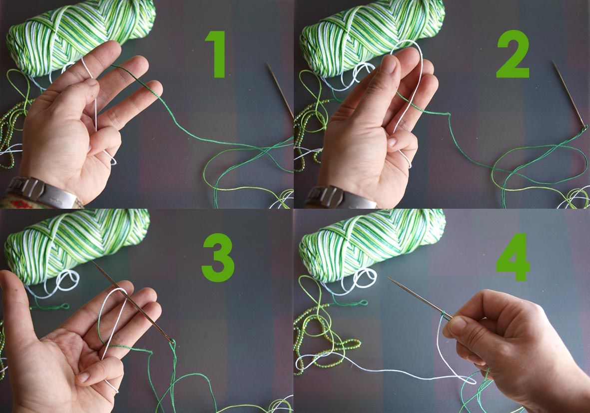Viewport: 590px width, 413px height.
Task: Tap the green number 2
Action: click(513, 54)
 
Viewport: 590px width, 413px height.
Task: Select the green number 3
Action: click(218, 258)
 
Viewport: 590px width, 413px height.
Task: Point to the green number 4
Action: click(513, 257)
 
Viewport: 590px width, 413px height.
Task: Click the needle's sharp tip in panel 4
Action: click(388, 278)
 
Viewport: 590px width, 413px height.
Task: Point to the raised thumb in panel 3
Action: click(12, 295)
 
